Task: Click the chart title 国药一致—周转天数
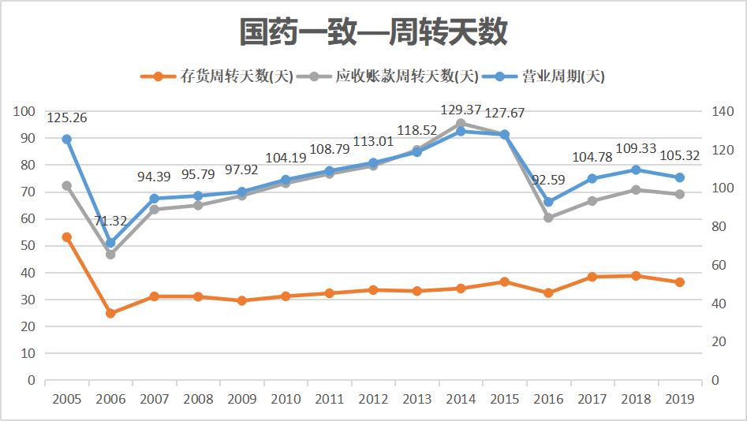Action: coord(373,32)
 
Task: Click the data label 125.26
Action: coord(67,118)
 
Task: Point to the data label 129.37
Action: coord(461,110)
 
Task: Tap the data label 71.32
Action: coord(110,222)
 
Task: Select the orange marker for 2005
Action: coord(67,237)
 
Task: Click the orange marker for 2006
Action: coord(110,313)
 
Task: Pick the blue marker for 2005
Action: coord(67,140)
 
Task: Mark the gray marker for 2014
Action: coord(461,123)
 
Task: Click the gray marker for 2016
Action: coord(548,218)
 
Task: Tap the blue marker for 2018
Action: coord(636,170)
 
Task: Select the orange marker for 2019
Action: coord(679,282)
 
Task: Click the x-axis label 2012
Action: coord(373,399)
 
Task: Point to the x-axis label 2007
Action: coord(155,399)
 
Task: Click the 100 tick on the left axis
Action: coord(26,111)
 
